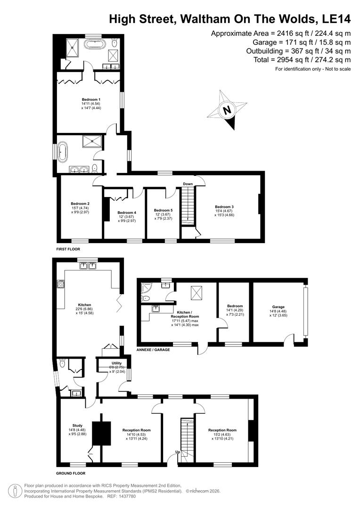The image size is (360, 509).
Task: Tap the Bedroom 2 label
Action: [80, 204]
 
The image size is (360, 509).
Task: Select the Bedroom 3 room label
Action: [224, 206]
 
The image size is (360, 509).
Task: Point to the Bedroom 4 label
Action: [127, 212]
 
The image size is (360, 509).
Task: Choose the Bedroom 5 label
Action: [164, 210]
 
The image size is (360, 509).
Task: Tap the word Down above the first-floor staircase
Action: [188, 184]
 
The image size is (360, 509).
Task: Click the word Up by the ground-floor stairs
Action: [177, 452]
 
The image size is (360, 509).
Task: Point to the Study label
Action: [77, 426]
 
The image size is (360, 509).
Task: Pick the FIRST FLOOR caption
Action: [68, 248]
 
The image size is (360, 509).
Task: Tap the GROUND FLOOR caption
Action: [71, 473]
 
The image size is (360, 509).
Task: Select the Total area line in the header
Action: [299, 60]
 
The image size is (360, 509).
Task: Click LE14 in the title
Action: [335, 19]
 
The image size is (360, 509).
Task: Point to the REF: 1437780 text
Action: [122, 496]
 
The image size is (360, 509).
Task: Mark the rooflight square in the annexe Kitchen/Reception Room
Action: [196, 293]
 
